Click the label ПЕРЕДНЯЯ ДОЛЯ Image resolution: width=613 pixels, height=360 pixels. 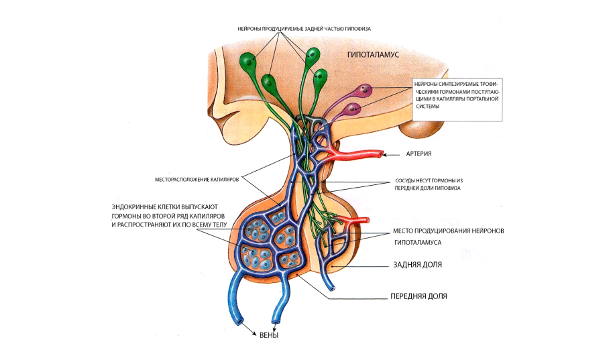[x=419, y=296]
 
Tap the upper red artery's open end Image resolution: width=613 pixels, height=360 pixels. [x=382, y=154]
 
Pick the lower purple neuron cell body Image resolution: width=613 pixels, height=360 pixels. [x=355, y=107]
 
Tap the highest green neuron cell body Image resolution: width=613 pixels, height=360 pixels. [x=313, y=56]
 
